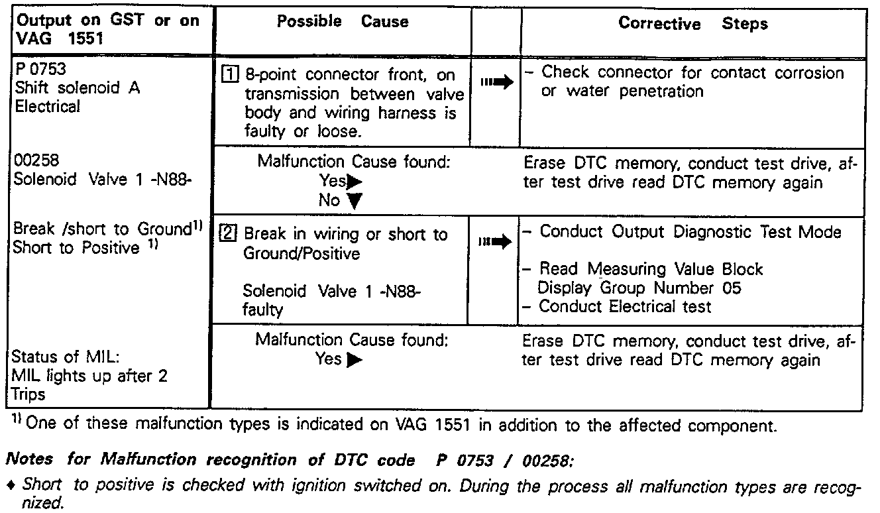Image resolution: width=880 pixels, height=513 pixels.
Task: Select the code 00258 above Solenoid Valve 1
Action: pyautogui.click(x=35, y=161)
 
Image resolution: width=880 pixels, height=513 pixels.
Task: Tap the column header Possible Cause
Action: pyautogui.click(x=343, y=22)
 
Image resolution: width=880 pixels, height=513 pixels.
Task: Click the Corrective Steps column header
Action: pyautogui.click(x=692, y=24)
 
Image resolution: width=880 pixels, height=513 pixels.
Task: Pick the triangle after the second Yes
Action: pyautogui.click(x=355, y=360)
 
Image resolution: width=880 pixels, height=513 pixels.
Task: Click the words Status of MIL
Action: pyautogui.click(x=66, y=357)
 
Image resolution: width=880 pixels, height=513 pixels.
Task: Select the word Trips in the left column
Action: pyautogui.click(x=29, y=394)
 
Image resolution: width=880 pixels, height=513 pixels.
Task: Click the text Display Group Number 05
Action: pyautogui.click(x=639, y=288)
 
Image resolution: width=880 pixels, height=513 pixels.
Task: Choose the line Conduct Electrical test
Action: pyautogui.click(x=624, y=306)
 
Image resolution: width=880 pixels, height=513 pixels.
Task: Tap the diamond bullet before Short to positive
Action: pyautogui.click(x=14, y=484)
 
